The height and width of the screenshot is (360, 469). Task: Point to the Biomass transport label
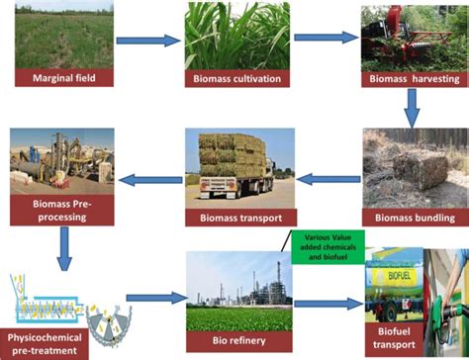pyautogui.click(x=234, y=217)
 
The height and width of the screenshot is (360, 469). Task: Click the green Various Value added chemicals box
pyautogui.click(x=328, y=242)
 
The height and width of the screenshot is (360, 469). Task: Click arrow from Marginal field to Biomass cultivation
pyautogui.click(x=147, y=41)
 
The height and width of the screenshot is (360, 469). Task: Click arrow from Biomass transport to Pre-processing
pyautogui.click(x=145, y=180)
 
